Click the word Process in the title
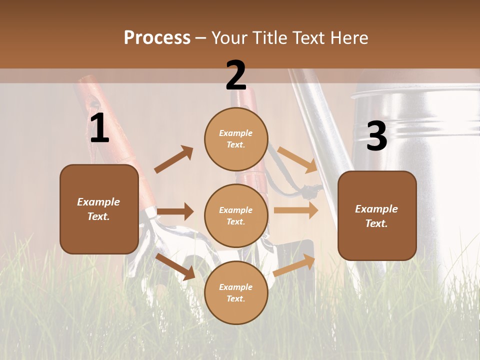point(157,38)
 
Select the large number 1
point(99,128)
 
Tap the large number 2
point(236,75)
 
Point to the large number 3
point(376,136)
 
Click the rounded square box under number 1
point(99,209)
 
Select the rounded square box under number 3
point(377,215)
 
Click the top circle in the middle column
point(236,138)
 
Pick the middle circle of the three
point(236,215)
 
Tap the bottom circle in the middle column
point(236,292)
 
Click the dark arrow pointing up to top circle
point(173,159)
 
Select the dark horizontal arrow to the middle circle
point(175,211)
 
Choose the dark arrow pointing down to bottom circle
point(175,266)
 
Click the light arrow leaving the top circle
point(297,159)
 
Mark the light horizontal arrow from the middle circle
point(296,210)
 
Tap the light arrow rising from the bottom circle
point(294,265)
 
